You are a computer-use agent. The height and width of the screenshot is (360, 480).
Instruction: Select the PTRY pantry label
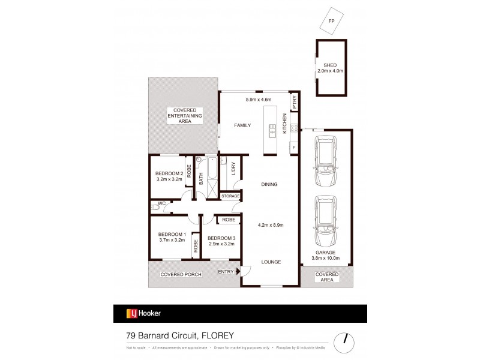click(295, 103)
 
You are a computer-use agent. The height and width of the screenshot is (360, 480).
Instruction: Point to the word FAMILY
click(242, 125)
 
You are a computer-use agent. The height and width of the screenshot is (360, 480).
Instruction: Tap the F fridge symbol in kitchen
click(294, 147)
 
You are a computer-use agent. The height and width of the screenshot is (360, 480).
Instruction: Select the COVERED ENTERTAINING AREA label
click(183, 116)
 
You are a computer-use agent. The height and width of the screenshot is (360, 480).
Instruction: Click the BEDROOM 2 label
click(169, 173)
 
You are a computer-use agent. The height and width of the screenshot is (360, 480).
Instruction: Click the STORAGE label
click(230, 196)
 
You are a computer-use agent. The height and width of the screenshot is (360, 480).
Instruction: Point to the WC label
click(161, 204)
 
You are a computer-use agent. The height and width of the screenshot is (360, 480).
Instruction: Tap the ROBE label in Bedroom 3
click(229, 220)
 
